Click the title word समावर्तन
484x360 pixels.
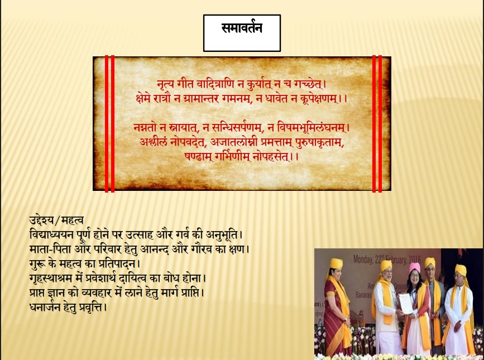[x=242, y=28]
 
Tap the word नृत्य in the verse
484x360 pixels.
[x=166, y=84]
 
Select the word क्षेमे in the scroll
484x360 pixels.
[x=143, y=99]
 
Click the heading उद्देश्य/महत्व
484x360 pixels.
[x=56, y=220]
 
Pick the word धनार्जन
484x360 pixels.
[x=44, y=308]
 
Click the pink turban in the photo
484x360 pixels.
[x=415, y=267]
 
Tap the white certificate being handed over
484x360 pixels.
[x=406, y=304]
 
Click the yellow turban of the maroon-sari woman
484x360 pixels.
[x=336, y=264]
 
